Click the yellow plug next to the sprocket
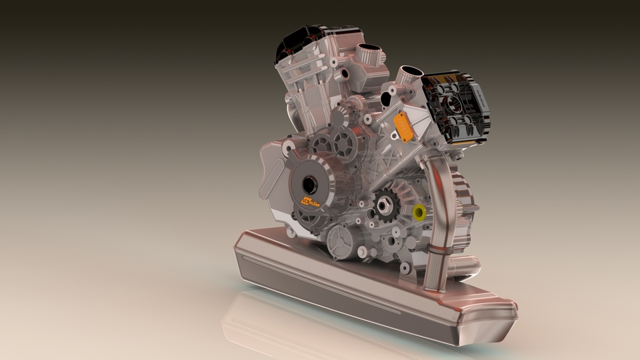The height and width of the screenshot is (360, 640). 419,213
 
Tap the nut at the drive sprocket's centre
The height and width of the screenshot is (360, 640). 386,203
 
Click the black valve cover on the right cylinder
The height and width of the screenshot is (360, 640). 457,107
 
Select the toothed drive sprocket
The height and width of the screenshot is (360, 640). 386,203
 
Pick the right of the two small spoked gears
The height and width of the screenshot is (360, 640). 346,142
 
